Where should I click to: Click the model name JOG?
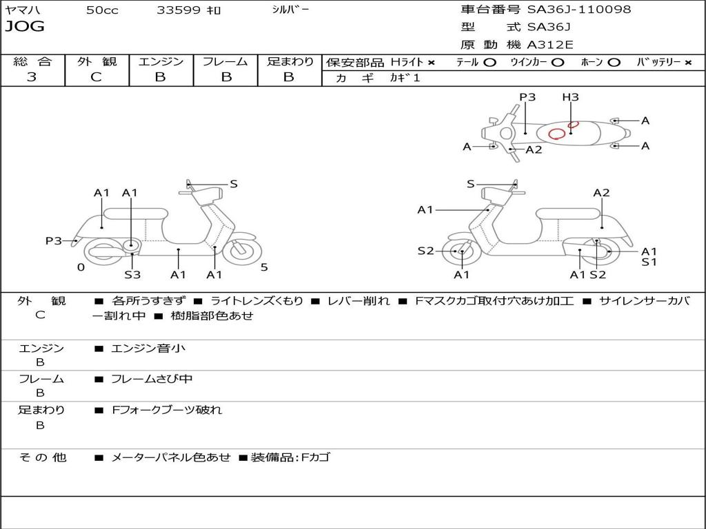pyautogui.click(x=25, y=27)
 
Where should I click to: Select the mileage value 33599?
pyautogui.click(x=179, y=10)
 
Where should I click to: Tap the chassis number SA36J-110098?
pyautogui.click(x=579, y=10)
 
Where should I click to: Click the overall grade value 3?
pyautogui.click(x=32, y=77)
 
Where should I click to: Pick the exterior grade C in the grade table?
pyautogui.click(x=96, y=77)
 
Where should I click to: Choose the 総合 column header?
pyautogui.click(x=32, y=61)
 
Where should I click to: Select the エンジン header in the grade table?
pyautogui.click(x=161, y=61)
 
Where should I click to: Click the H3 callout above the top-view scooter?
pyautogui.click(x=570, y=97)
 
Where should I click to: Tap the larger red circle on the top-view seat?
pyautogui.click(x=557, y=133)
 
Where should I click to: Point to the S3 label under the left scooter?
pyautogui.click(x=132, y=275)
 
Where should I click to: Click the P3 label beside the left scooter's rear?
pyautogui.click(x=54, y=240)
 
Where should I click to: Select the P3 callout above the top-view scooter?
pyautogui.click(x=527, y=97)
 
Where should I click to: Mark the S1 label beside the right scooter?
pyautogui.click(x=649, y=262)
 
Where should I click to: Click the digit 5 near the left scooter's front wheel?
pyautogui.click(x=264, y=267)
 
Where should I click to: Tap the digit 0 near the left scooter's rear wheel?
pyautogui.click(x=81, y=267)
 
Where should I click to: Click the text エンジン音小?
pyautogui.click(x=148, y=349)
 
